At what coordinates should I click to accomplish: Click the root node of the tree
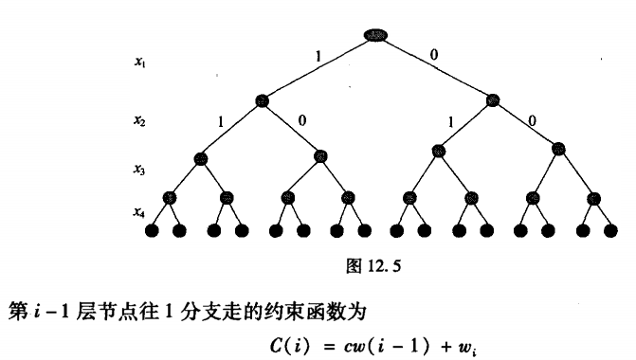tap(375, 35)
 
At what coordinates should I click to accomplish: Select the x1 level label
tap(139, 62)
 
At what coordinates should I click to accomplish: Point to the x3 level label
tap(139, 170)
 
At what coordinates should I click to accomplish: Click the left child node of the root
tap(263, 100)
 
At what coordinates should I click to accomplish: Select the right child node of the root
tap(492, 100)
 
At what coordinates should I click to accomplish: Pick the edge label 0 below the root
tap(434, 54)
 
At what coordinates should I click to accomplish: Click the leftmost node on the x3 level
tap(200, 157)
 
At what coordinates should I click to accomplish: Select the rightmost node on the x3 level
tap(558, 149)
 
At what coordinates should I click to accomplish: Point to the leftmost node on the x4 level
tap(171, 198)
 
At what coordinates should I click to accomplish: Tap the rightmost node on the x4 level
tap(593, 198)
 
